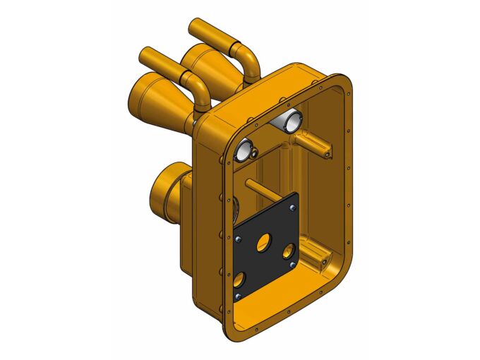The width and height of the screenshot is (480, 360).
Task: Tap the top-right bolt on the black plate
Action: [x=292, y=208]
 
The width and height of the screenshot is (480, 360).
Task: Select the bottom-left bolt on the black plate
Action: [x=238, y=294]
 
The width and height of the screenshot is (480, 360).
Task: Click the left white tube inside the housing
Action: [x=244, y=149]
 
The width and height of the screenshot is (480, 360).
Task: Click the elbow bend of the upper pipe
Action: [x=247, y=56]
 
